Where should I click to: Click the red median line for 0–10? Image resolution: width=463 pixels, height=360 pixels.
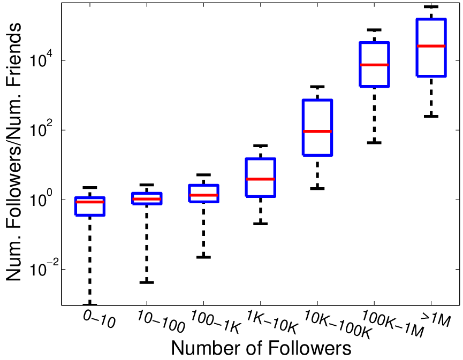(90, 202)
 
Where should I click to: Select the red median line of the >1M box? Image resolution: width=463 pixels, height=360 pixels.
(431, 46)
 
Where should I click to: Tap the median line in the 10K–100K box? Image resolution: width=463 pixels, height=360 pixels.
(317, 131)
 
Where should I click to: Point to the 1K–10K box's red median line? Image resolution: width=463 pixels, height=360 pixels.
(261, 179)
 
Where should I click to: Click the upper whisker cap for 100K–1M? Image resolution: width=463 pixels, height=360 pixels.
(374, 30)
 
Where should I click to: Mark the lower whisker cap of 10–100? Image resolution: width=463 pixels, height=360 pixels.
(147, 282)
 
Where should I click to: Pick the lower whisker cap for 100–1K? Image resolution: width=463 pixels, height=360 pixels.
(204, 257)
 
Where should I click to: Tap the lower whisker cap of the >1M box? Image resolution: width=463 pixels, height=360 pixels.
(431, 116)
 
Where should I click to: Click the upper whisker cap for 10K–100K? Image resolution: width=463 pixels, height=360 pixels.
(317, 87)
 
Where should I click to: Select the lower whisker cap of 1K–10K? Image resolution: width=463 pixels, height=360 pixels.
(261, 224)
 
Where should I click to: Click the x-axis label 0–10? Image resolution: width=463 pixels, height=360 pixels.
(99, 320)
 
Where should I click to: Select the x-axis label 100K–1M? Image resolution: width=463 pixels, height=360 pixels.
(393, 324)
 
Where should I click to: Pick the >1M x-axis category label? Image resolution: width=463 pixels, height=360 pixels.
(436, 319)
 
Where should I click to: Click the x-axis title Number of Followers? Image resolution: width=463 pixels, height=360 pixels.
(261, 348)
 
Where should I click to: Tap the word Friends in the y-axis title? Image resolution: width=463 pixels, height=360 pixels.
(13, 55)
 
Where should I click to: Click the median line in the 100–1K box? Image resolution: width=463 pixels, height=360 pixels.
(204, 195)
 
